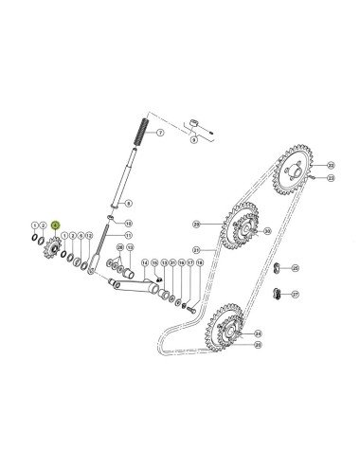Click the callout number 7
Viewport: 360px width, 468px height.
[160, 135]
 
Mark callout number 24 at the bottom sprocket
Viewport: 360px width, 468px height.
[258, 333]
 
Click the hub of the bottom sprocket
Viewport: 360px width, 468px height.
[229, 328]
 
